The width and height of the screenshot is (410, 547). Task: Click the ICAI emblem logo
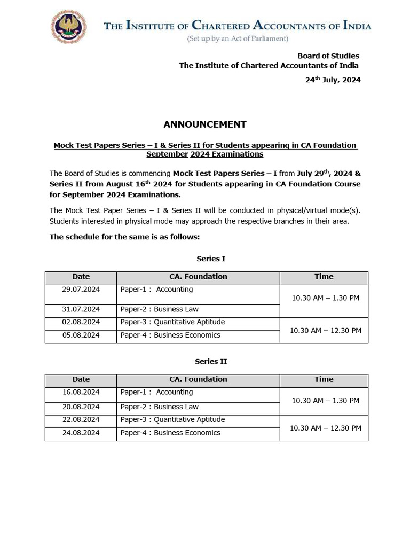(68, 27)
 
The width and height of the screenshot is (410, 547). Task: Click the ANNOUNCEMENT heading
(205, 124)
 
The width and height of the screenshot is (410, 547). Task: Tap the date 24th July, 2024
(333, 80)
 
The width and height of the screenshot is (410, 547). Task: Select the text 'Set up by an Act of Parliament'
(238, 38)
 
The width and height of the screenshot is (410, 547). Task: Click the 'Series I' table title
(211, 259)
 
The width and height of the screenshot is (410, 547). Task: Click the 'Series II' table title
(211, 361)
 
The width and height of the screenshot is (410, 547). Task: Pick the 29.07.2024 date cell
(81, 290)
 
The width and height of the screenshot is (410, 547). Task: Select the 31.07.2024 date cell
(81, 309)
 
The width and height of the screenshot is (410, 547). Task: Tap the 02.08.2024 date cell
(81, 322)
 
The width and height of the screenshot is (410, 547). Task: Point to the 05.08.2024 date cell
(81, 335)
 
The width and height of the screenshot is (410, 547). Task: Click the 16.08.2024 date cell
(81, 392)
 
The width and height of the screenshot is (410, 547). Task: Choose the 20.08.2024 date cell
(81, 407)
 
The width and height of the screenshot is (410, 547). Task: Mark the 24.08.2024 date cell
(81, 433)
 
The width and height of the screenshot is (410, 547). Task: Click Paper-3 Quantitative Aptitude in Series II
(172, 420)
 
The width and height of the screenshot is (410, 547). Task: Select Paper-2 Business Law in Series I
(159, 309)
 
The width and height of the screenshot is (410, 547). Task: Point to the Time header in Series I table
(324, 277)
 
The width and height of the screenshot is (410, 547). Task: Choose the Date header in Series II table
(81, 379)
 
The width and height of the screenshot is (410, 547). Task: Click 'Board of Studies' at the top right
(328, 56)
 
